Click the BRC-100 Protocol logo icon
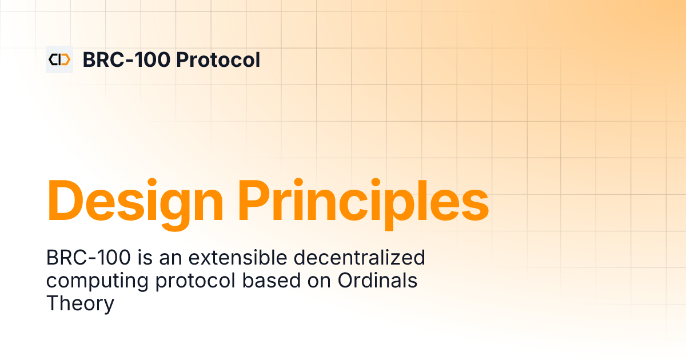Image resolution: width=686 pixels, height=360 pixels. coord(59,59)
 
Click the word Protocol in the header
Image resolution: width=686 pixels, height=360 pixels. coord(218,59)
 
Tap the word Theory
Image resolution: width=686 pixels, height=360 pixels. coord(80,304)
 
